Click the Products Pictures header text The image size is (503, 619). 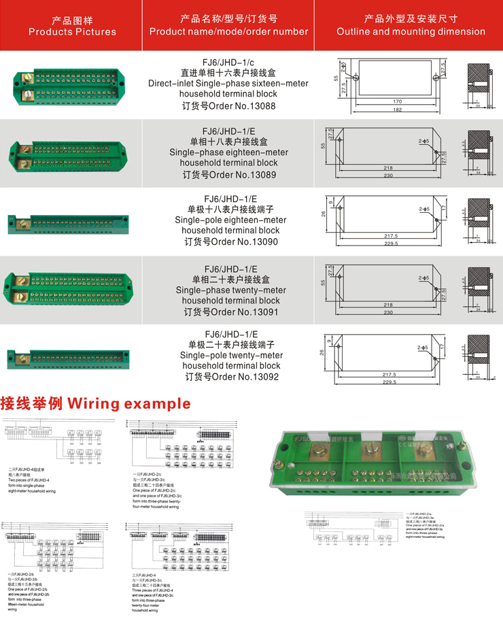pyautogui.click(x=72, y=31)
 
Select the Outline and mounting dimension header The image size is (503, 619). pyautogui.click(x=411, y=31)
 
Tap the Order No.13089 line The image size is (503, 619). pyautogui.click(x=229, y=174)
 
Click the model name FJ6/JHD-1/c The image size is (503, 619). pyautogui.click(x=229, y=61)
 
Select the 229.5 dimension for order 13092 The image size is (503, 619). pyautogui.click(x=389, y=382)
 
